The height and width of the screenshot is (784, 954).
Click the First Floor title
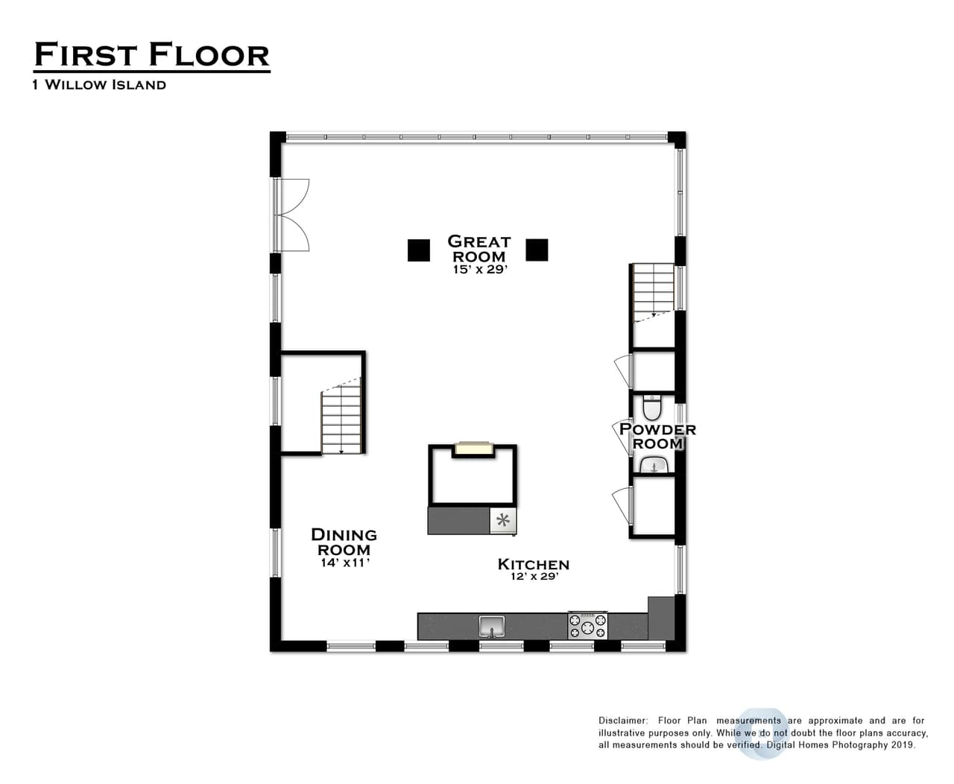point(151,54)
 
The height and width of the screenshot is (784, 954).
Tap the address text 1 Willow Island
point(99,85)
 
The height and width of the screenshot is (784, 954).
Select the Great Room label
point(479,248)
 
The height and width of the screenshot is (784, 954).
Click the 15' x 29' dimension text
point(480,269)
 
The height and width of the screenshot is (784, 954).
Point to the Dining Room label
point(344,542)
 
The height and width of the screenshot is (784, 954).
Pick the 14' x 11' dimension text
point(345,563)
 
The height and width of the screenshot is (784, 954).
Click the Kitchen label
point(534,565)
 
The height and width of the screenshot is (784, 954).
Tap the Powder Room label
point(657,436)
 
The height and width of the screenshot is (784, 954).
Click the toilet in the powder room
point(652,407)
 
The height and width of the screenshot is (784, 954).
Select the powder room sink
point(654,464)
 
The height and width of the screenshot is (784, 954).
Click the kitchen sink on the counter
point(492,626)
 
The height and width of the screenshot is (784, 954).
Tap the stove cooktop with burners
point(587,626)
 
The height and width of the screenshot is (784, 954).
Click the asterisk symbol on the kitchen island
point(502,520)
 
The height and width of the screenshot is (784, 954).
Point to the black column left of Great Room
point(418,250)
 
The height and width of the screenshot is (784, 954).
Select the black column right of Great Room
point(537,250)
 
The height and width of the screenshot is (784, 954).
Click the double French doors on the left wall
point(291,215)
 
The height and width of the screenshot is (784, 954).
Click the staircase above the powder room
point(653,293)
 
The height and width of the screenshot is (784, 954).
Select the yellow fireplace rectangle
point(473,448)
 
